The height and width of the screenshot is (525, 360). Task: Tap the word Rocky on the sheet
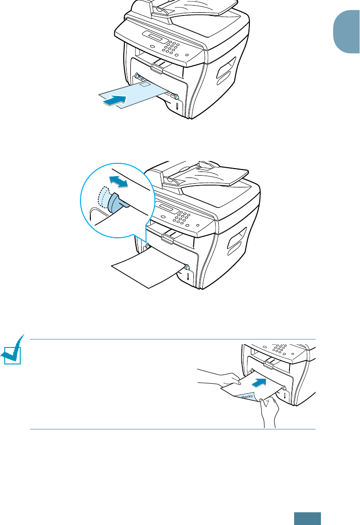coord(248,397)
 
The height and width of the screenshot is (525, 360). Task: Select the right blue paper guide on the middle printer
coord(187,267)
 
